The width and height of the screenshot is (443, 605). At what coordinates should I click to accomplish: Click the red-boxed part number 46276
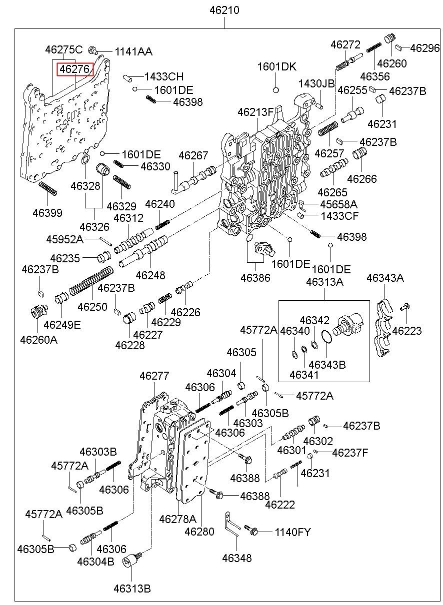(x=75, y=69)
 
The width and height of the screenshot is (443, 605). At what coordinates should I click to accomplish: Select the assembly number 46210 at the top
(x=224, y=9)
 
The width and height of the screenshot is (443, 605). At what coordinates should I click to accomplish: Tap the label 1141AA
(x=133, y=51)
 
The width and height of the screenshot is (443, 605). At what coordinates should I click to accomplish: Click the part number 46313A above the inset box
(x=324, y=282)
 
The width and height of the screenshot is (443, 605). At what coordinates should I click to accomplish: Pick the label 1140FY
(x=292, y=533)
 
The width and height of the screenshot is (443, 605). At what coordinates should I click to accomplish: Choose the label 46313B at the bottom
(x=131, y=589)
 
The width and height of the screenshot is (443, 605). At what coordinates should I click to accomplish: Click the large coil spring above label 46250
(x=90, y=282)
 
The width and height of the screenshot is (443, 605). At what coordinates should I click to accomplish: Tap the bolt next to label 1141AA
(x=93, y=50)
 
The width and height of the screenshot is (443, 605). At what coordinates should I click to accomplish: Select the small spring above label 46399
(x=48, y=189)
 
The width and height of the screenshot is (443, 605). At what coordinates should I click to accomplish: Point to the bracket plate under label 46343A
(x=384, y=327)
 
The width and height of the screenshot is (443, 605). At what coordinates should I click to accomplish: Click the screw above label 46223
(x=406, y=306)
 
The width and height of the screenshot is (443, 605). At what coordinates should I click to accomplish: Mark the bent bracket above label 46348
(x=232, y=526)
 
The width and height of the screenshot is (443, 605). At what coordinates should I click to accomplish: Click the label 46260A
(x=38, y=340)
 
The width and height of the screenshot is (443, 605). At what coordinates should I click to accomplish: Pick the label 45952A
(x=65, y=239)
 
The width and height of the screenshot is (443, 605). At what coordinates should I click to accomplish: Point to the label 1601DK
(x=277, y=67)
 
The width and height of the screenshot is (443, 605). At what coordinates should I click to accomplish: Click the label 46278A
(x=177, y=519)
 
